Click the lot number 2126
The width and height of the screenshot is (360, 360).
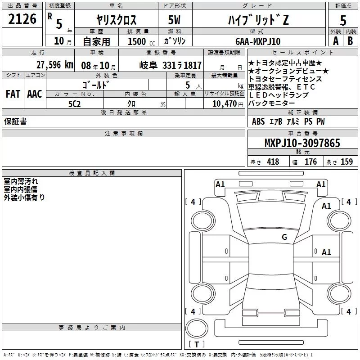click(x=22, y=19)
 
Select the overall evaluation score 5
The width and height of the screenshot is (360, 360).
click(x=343, y=21)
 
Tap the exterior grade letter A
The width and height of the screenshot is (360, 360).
click(x=336, y=41)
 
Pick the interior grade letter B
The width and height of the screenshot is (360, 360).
click(x=350, y=41)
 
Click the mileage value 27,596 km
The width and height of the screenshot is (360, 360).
click(x=55, y=65)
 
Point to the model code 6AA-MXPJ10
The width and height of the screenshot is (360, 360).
click(x=258, y=41)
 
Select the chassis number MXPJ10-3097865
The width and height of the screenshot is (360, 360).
click(x=302, y=143)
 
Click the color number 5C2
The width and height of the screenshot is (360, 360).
click(x=74, y=104)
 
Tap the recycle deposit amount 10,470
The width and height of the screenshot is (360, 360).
click(x=225, y=104)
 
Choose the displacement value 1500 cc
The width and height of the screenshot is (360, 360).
click(x=141, y=41)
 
